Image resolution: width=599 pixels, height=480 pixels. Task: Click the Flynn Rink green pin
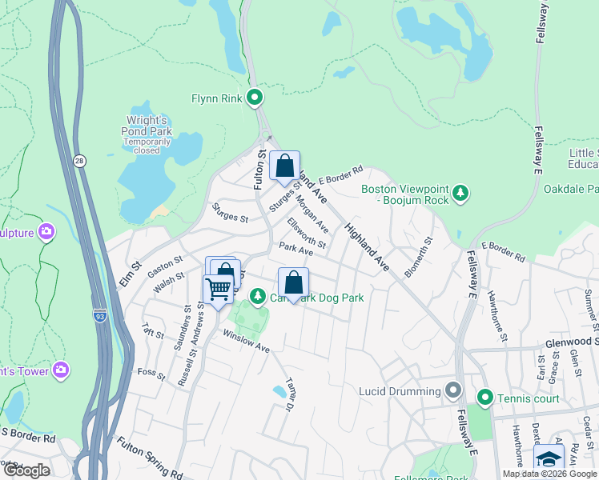tap(255, 99)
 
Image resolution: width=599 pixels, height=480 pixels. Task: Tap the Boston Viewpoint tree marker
tap(460, 193)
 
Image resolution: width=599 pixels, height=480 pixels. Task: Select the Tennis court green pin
tap(484, 398)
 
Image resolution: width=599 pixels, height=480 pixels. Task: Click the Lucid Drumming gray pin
tap(454, 391)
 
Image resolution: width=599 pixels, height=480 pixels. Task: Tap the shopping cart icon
tap(218, 289)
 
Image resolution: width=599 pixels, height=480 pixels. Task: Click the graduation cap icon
tap(549, 459)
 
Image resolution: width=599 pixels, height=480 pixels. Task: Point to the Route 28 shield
tap(79, 161)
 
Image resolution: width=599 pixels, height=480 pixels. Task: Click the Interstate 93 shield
tap(100, 315)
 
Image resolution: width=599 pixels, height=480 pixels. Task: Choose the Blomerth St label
tap(418, 257)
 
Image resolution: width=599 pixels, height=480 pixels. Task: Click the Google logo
tap(26, 470)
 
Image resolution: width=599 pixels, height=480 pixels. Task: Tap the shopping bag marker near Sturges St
tap(284, 166)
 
